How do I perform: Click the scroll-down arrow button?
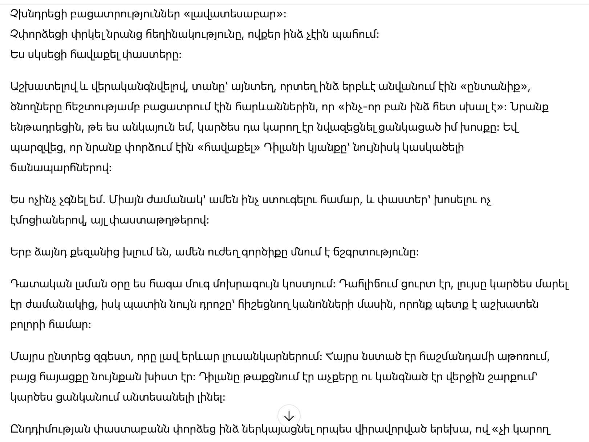(289, 416)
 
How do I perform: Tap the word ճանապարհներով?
(60, 168)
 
